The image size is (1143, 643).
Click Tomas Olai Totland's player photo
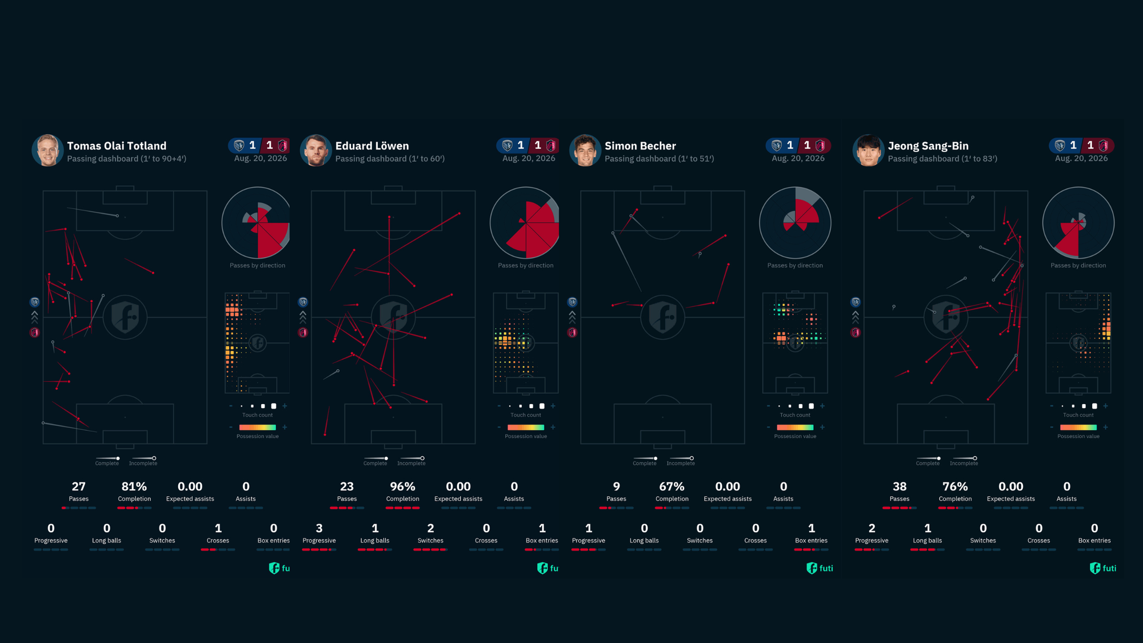(x=47, y=150)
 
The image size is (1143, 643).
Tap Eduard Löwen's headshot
(x=316, y=150)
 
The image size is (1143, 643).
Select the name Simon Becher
(x=640, y=146)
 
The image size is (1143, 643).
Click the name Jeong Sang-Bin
(x=928, y=146)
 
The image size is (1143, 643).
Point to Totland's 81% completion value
(x=134, y=486)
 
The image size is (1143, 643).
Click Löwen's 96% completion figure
(x=402, y=486)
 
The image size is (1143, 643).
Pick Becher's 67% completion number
(x=672, y=486)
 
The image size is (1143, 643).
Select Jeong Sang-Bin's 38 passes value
(x=900, y=486)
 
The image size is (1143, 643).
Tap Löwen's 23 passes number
(x=347, y=486)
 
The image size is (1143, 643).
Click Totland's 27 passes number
(x=79, y=486)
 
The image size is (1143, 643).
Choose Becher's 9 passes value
(x=616, y=486)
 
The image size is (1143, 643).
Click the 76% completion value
(x=955, y=486)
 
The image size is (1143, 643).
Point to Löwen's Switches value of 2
(x=430, y=528)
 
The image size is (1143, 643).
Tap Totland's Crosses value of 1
(x=218, y=528)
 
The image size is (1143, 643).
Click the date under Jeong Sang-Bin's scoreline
(x=1081, y=158)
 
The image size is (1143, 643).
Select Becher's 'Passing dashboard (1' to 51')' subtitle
(x=659, y=159)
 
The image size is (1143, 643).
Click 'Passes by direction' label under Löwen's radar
(x=526, y=265)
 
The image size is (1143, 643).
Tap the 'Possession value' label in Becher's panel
(x=795, y=436)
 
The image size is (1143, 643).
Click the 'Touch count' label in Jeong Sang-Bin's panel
(x=1078, y=415)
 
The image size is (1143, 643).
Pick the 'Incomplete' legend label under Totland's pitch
(x=143, y=464)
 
